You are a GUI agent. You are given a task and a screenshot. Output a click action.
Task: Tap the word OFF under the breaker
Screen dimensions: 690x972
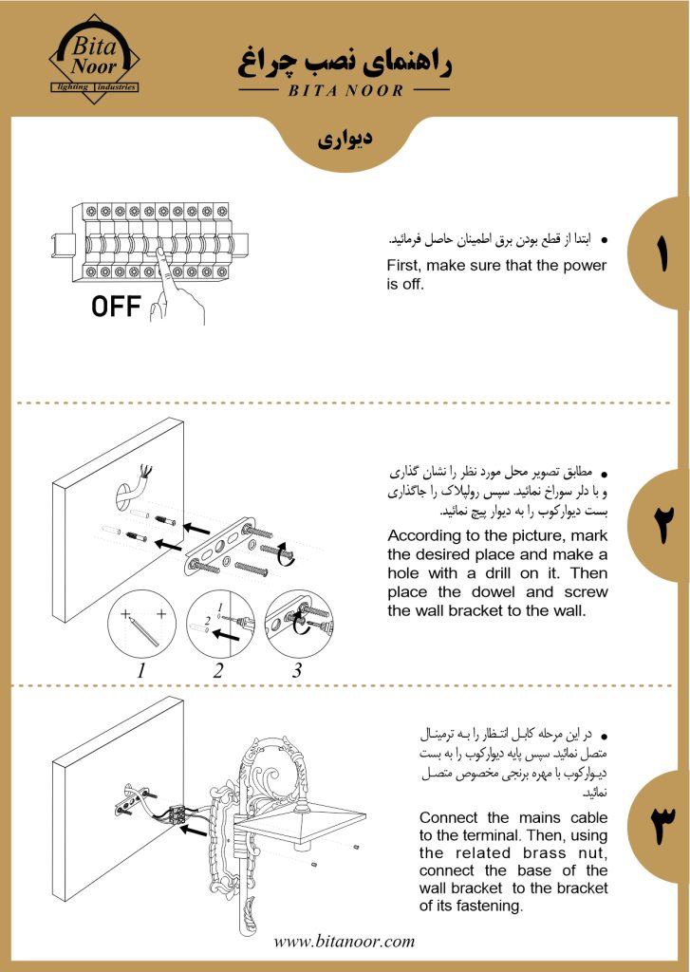116,306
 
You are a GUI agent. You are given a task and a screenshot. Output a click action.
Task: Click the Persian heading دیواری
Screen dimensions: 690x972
345,139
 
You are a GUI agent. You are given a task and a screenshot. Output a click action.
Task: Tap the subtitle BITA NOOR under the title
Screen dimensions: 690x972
345,90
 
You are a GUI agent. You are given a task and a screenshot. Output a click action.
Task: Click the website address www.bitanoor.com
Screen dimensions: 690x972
345,942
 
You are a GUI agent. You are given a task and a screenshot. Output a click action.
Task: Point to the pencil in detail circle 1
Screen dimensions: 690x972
142,632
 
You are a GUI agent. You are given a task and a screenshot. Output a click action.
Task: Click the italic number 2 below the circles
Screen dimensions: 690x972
217,669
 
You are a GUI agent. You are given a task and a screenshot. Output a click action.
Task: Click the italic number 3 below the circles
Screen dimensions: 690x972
297,669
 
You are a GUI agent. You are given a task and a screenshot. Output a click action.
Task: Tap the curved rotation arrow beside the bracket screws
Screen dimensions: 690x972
284,551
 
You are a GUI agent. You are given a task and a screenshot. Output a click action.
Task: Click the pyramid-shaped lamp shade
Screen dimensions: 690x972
304,826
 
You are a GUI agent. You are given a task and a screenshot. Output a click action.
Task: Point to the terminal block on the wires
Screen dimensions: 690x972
178,813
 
